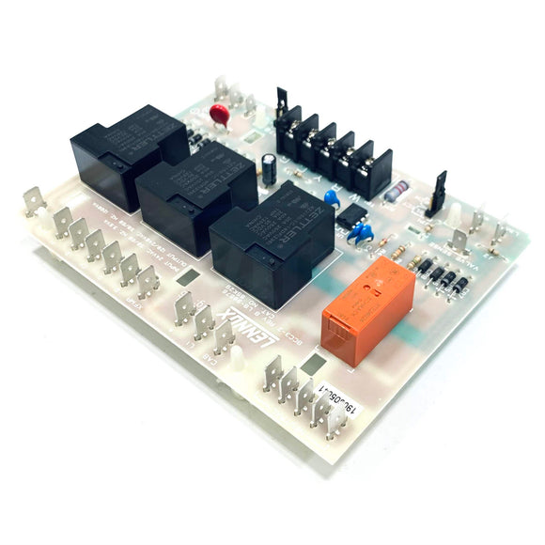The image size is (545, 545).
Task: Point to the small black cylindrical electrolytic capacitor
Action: (x=271, y=169)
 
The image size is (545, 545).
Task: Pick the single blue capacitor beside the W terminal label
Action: (x=331, y=197)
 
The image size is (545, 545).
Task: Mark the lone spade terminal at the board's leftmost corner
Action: (x=35, y=201)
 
